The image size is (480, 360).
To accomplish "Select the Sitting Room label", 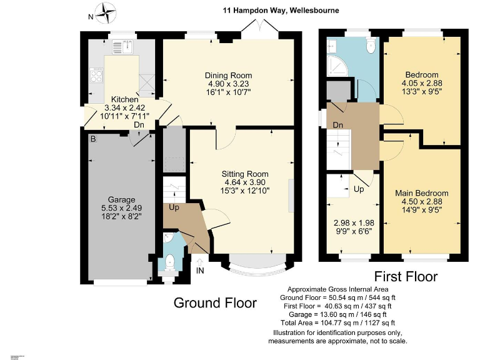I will coord(245,174).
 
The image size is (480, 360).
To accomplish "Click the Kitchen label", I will coord(124,100).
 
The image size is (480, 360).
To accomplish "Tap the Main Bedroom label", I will coord(421,193).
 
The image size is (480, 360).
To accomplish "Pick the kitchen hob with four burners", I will coord(97,76).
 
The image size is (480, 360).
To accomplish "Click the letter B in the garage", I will coord(93,138).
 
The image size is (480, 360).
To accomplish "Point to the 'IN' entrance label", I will coord(200,270).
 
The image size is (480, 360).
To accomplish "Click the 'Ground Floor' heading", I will coord(214,303).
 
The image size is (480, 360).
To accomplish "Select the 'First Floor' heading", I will coord(406,276).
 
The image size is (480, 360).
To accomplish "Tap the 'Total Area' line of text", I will coord(338,323).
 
